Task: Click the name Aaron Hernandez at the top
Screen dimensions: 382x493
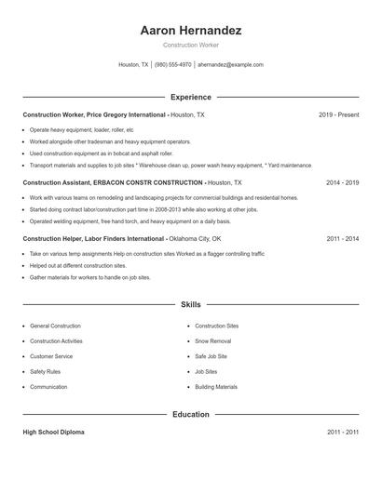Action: [191, 30]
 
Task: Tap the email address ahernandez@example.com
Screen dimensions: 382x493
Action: [231, 65]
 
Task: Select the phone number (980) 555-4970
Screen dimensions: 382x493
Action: [172, 65]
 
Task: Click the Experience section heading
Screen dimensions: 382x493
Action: [191, 97]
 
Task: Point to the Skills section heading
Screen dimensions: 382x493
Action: [191, 304]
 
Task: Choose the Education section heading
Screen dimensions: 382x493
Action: [191, 415]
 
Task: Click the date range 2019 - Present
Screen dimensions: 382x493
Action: [338, 114]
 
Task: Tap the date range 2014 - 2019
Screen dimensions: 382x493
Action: [342, 183]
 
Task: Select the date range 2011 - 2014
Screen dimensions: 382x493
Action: [342, 238]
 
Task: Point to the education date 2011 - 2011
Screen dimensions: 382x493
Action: [342, 433]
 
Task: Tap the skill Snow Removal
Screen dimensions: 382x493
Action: [213, 341]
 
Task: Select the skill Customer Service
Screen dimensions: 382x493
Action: [51, 356]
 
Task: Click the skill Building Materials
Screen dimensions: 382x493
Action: [216, 387]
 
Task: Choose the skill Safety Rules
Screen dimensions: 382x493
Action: [46, 371]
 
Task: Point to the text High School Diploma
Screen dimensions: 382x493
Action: [54, 433]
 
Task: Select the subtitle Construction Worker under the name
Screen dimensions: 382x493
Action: [191, 46]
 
